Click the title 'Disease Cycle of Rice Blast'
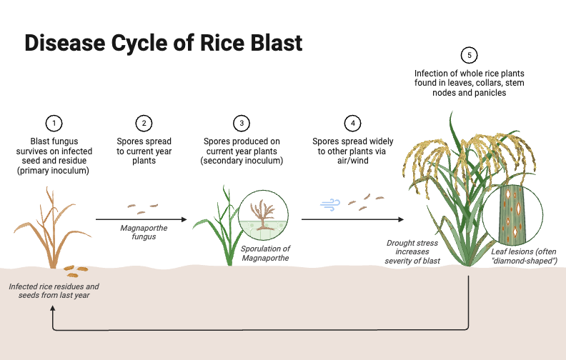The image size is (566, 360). click(164, 43)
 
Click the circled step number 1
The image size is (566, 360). click(54, 123)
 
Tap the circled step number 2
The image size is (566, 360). click(144, 123)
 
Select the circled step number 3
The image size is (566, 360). click(242, 123)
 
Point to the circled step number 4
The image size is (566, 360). click(352, 123)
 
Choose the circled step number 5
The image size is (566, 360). click(469, 55)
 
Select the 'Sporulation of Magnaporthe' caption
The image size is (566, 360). click(265, 253)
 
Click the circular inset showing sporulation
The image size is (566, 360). click(263, 215)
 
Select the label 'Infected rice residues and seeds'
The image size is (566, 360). click(54, 291)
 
